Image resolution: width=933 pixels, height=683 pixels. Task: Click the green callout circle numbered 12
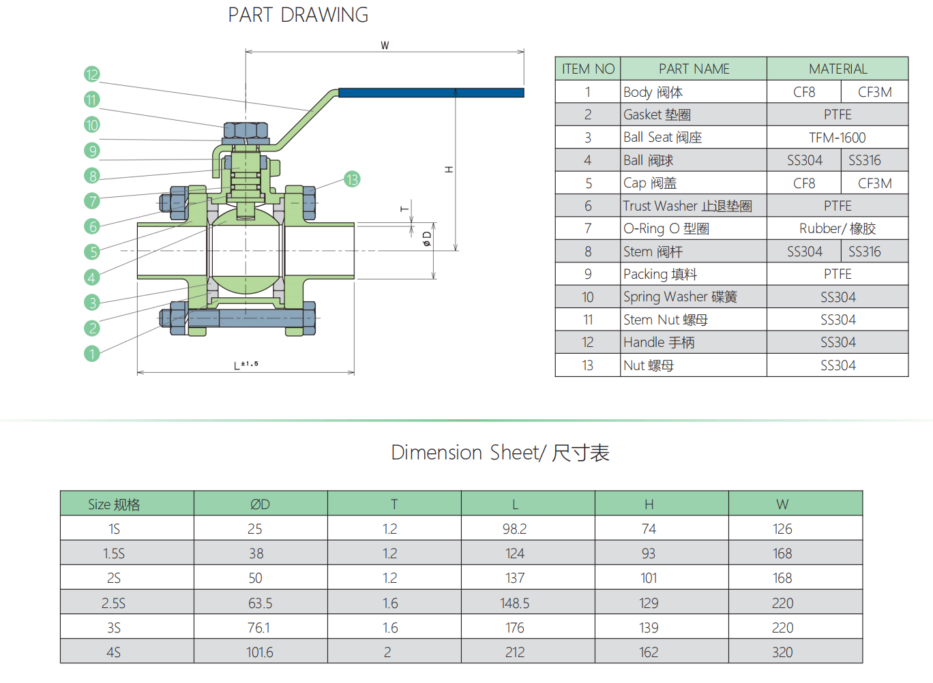92,74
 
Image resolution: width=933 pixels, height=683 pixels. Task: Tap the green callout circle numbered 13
352,179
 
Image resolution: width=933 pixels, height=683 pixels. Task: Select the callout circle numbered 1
92,354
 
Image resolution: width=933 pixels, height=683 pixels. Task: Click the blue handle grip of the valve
431,93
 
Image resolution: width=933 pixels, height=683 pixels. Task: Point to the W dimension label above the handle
385,46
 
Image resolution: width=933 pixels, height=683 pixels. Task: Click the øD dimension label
427,239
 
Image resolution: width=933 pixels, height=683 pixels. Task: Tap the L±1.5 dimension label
246,365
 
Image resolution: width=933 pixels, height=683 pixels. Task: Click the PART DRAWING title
298,15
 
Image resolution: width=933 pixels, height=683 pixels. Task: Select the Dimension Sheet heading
500,453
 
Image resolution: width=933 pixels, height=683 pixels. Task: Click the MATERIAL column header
838,69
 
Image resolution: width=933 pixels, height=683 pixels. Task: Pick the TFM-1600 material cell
838,138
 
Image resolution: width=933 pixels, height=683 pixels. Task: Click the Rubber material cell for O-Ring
838,228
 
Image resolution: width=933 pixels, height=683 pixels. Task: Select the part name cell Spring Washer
680,297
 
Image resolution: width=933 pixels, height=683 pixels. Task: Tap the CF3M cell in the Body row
874,92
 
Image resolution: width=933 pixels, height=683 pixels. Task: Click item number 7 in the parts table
588,228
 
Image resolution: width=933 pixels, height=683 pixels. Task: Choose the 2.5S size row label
114,603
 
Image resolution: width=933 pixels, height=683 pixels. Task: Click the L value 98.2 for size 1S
515,529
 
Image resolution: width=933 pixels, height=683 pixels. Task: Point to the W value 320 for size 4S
782,652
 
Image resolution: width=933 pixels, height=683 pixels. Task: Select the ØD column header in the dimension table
260,504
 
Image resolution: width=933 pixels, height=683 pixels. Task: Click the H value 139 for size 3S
649,628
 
